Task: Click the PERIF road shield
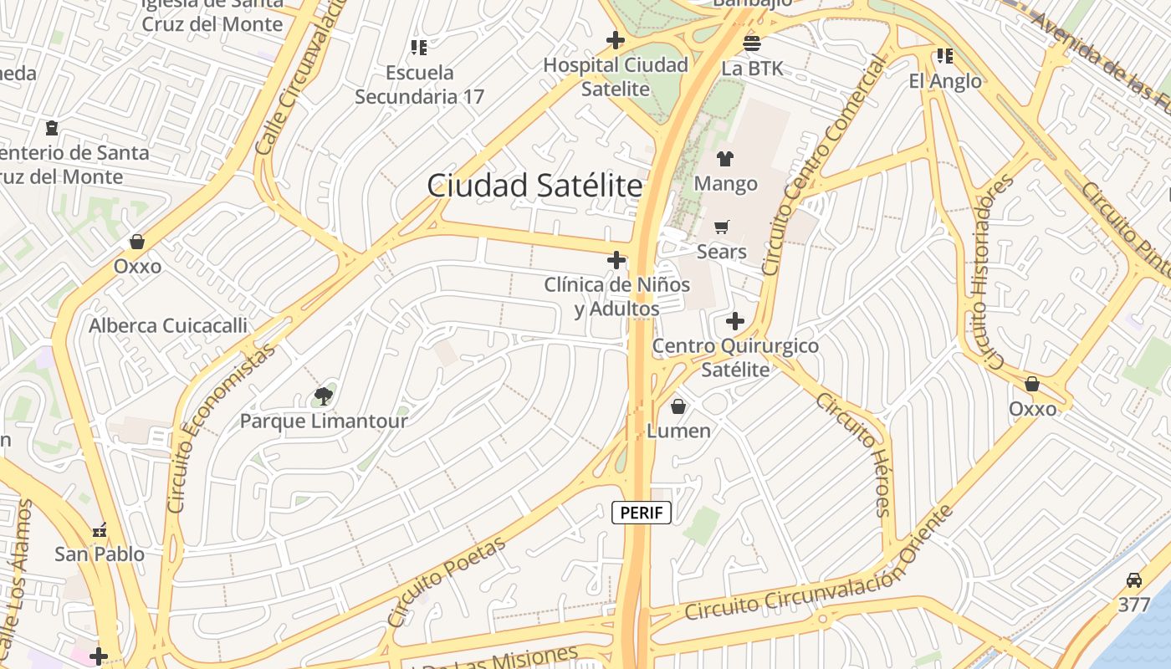tap(642, 513)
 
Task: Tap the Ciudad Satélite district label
tap(534, 186)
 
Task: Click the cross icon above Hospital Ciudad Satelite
tap(616, 39)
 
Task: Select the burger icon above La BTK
tap(752, 43)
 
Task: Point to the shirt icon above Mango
tap(725, 158)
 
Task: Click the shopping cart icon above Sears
tap(722, 227)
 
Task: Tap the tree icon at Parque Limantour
tap(324, 396)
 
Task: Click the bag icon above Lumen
tap(678, 406)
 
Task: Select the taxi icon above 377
tap(1134, 580)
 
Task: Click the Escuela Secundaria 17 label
tap(419, 84)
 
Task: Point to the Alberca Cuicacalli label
tap(168, 325)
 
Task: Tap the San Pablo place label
tap(100, 554)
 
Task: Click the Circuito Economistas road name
tap(222, 428)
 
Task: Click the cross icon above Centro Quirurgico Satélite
tap(735, 321)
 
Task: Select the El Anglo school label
tap(945, 81)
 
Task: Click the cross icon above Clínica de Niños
tap(616, 260)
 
